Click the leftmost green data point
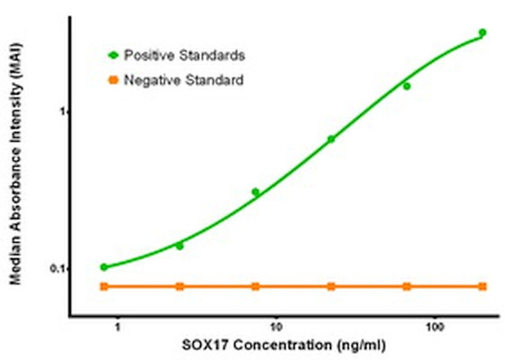pos(104,267)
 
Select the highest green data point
pos(483,33)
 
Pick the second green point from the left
pos(180,245)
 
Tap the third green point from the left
pos(256,192)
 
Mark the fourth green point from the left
pos(331,139)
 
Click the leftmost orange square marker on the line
pos(104,287)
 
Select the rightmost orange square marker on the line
pos(483,287)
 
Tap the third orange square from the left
pos(256,287)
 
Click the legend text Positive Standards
pos(184,55)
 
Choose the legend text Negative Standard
pos(182,80)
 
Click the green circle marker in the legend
pos(113,55)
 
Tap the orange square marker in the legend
pos(113,80)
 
